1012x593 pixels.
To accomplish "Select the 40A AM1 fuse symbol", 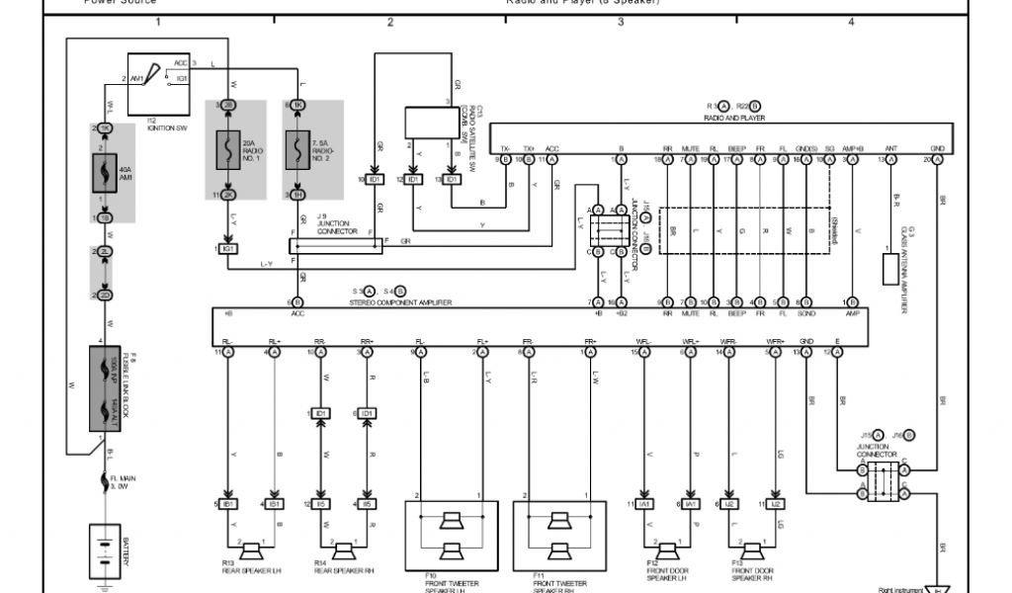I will pyautogui.click(x=105, y=175).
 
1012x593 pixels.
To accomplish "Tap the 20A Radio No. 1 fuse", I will pyautogui.click(x=228, y=149).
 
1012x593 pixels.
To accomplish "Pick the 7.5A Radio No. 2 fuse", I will pyautogui.click(x=297, y=149).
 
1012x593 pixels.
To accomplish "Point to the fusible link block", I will pyautogui.click(x=105, y=387).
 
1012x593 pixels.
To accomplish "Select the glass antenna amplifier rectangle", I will pyautogui.click(x=891, y=270).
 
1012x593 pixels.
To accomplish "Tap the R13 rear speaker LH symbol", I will pyautogui.click(x=251, y=550).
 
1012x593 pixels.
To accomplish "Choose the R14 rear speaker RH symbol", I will pyautogui.click(x=343, y=550).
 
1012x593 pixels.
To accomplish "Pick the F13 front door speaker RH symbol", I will pyautogui.click(x=752, y=550).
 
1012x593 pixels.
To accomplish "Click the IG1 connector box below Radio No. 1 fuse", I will pyautogui.click(x=228, y=248).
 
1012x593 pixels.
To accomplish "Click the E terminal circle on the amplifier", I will pyautogui.click(x=839, y=352).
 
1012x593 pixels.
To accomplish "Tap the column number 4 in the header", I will pyautogui.click(x=851, y=21).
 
